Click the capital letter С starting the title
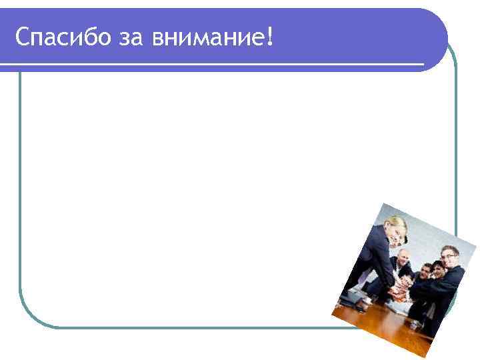pyautogui.click(x=23, y=38)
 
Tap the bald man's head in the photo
pyautogui.click(x=403, y=259)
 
